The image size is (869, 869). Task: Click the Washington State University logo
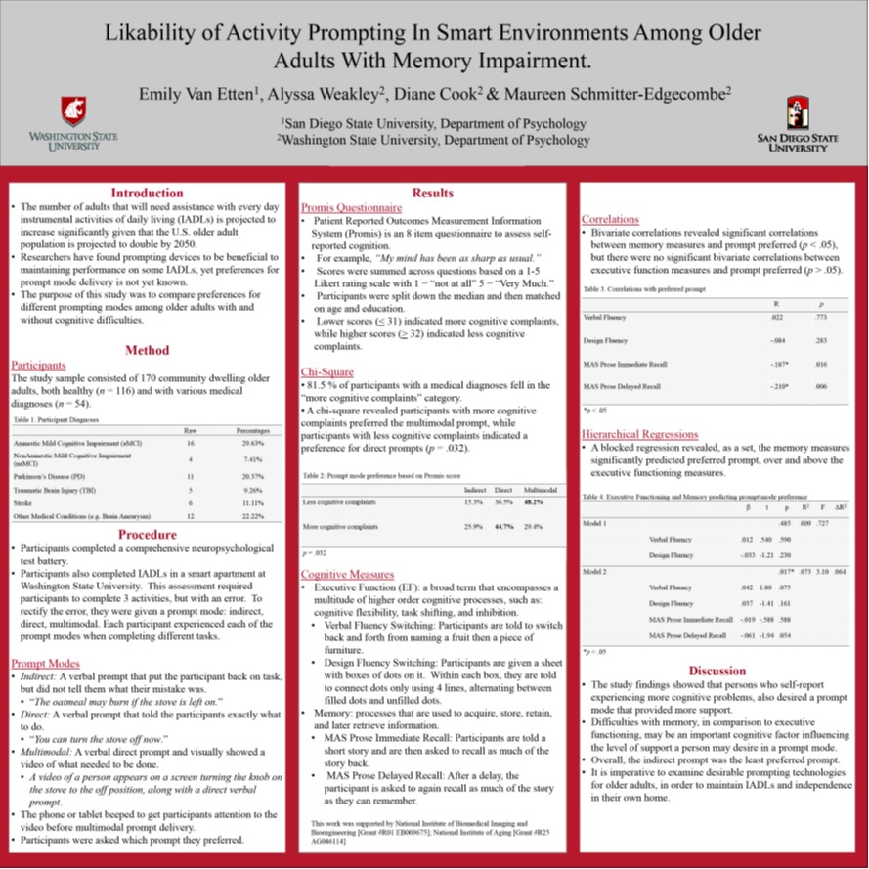point(65,122)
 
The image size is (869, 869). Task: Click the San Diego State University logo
point(798,123)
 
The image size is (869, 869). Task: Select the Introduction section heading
point(147,193)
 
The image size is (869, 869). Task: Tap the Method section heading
point(147,350)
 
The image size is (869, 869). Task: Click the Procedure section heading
point(147,535)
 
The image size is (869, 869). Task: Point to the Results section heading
point(433,194)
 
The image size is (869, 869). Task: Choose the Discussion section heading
point(717,671)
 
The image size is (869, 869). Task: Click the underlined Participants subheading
point(38,365)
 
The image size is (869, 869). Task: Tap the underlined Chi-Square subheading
point(327,372)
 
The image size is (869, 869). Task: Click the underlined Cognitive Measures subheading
point(347,574)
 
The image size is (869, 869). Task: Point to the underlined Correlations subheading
point(610,219)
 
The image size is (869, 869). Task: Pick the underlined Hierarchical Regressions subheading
point(639,434)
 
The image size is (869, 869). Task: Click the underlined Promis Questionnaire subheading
point(351,208)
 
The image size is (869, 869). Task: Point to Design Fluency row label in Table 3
point(605,341)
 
